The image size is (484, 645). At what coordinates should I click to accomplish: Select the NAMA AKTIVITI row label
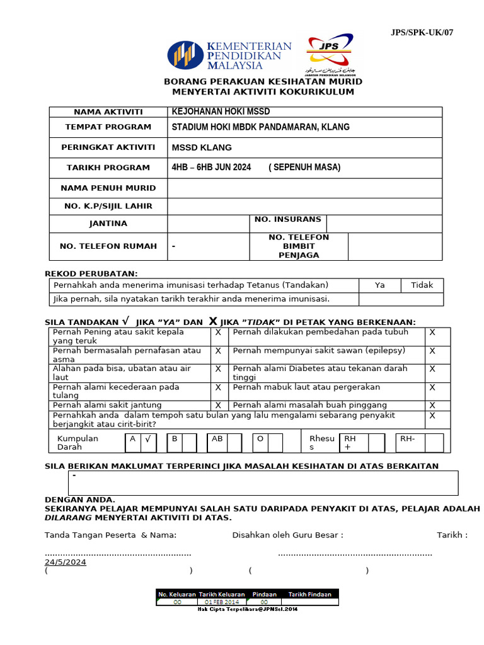click(x=108, y=112)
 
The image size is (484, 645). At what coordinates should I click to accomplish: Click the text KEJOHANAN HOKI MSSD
click(x=221, y=111)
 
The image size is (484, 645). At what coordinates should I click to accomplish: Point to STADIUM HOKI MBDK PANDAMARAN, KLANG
click(x=260, y=127)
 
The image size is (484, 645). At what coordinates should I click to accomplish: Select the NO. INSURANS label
click(x=288, y=219)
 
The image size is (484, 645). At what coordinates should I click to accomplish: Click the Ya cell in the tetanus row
click(x=379, y=285)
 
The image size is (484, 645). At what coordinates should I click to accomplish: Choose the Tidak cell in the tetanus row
click(x=422, y=285)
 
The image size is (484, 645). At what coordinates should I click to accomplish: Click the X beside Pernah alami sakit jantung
click(x=218, y=405)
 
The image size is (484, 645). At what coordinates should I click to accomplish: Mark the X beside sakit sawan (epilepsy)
click(x=432, y=351)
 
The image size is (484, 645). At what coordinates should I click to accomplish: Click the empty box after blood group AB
click(x=234, y=443)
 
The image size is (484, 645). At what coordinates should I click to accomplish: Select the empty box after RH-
click(x=434, y=443)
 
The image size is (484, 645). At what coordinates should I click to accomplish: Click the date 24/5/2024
click(x=66, y=562)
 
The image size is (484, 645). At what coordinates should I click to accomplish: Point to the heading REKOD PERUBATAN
click(x=91, y=273)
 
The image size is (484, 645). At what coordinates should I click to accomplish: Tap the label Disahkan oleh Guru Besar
click(x=287, y=535)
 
